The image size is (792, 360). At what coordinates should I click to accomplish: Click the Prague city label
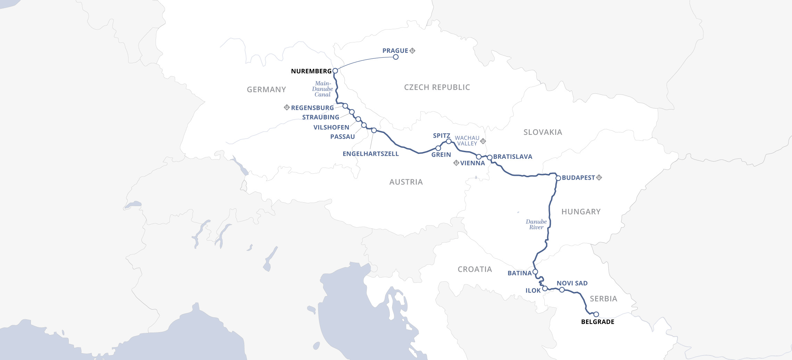tap(395, 51)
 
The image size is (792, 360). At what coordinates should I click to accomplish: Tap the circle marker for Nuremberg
tap(335, 71)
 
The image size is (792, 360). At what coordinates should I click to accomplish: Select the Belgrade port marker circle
tap(596, 314)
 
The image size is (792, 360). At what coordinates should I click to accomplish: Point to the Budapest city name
tap(578, 178)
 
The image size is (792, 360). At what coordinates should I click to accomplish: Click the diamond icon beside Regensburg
tap(287, 107)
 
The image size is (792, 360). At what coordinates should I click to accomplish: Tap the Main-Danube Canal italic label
tap(323, 89)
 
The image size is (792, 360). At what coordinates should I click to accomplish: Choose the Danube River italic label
tap(536, 224)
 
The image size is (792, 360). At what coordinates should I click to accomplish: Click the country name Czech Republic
tap(437, 88)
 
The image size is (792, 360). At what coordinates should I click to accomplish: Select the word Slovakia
tap(543, 132)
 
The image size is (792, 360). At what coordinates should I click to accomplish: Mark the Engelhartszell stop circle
tap(374, 131)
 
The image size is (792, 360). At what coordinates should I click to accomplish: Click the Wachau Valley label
tap(467, 141)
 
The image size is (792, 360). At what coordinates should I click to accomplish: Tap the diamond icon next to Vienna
tap(456, 163)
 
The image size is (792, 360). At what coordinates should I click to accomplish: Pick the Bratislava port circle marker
tap(490, 158)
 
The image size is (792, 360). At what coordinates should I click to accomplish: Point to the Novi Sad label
tap(572, 284)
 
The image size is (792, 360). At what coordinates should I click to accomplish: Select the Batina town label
tap(520, 273)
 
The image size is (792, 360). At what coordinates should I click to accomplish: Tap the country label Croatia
tap(475, 270)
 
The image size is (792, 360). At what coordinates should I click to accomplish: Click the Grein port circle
tap(438, 148)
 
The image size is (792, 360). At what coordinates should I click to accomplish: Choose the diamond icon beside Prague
tap(412, 51)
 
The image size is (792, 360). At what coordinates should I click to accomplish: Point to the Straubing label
tap(321, 117)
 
